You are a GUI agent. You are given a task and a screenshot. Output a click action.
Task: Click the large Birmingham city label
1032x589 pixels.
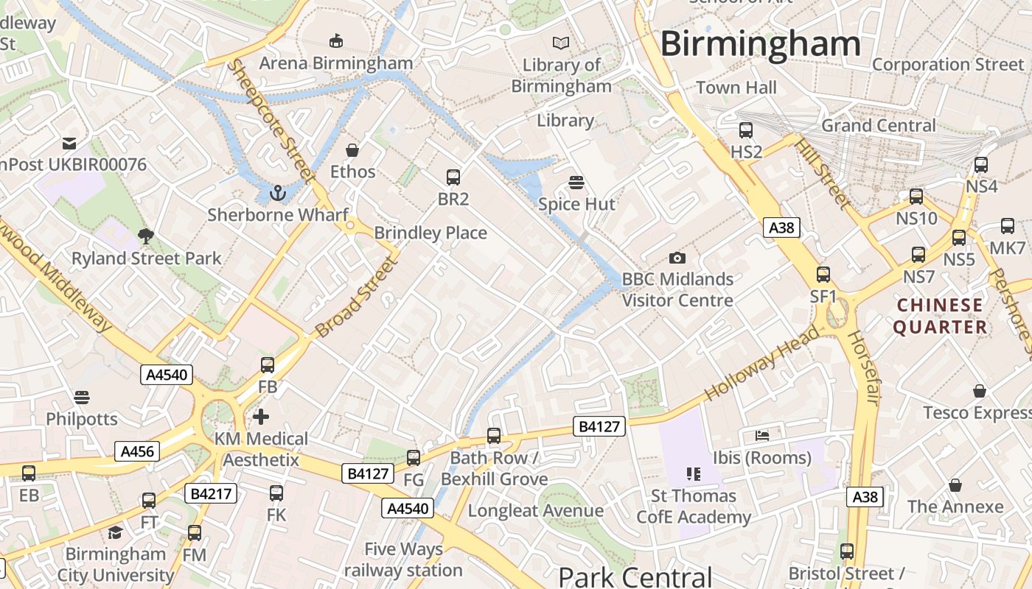click(x=760, y=43)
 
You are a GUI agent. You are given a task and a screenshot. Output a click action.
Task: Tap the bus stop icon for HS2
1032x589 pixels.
click(x=746, y=130)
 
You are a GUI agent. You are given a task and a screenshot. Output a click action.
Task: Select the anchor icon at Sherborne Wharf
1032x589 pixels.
click(x=278, y=193)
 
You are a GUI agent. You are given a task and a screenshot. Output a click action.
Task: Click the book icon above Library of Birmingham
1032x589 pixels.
click(x=561, y=43)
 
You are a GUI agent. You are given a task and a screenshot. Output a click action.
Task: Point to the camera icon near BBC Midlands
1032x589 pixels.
click(x=677, y=258)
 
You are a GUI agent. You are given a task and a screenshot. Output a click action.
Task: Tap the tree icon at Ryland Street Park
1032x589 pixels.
click(x=146, y=236)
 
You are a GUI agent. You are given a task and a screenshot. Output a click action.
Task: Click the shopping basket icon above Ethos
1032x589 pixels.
click(x=352, y=150)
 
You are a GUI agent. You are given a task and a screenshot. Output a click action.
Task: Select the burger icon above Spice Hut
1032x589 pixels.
click(x=576, y=182)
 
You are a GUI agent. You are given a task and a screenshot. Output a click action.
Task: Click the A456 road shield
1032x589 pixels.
click(x=137, y=451)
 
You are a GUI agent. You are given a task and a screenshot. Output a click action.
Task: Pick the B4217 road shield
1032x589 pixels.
click(x=211, y=493)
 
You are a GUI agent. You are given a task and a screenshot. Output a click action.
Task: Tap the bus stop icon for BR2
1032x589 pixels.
click(x=453, y=177)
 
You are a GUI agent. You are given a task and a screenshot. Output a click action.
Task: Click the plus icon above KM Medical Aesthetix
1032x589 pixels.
click(x=261, y=417)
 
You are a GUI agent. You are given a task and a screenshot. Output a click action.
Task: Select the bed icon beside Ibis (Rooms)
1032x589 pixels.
click(x=762, y=436)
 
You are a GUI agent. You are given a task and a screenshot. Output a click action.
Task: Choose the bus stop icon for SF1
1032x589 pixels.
click(x=823, y=275)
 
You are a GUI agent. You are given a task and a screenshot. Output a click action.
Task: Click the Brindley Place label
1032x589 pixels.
click(x=430, y=233)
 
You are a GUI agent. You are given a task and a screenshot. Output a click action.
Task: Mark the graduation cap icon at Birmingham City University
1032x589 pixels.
click(x=115, y=532)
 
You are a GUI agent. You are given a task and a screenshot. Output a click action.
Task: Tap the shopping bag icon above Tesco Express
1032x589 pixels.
click(x=980, y=390)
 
